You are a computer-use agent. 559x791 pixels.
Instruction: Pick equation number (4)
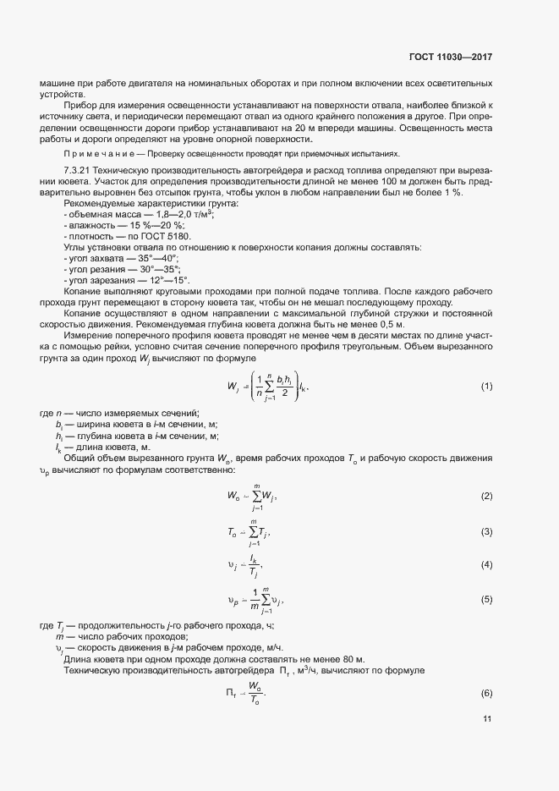pyautogui.click(x=486, y=564)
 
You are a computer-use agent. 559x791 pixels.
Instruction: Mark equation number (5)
pyautogui.click(x=486, y=599)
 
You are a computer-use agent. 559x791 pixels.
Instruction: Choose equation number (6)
pyautogui.click(x=486, y=694)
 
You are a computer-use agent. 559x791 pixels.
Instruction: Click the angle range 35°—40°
pyautogui.click(x=158, y=257)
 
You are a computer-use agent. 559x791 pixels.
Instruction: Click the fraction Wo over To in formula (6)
pyautogui.click(x=254, y=693)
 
